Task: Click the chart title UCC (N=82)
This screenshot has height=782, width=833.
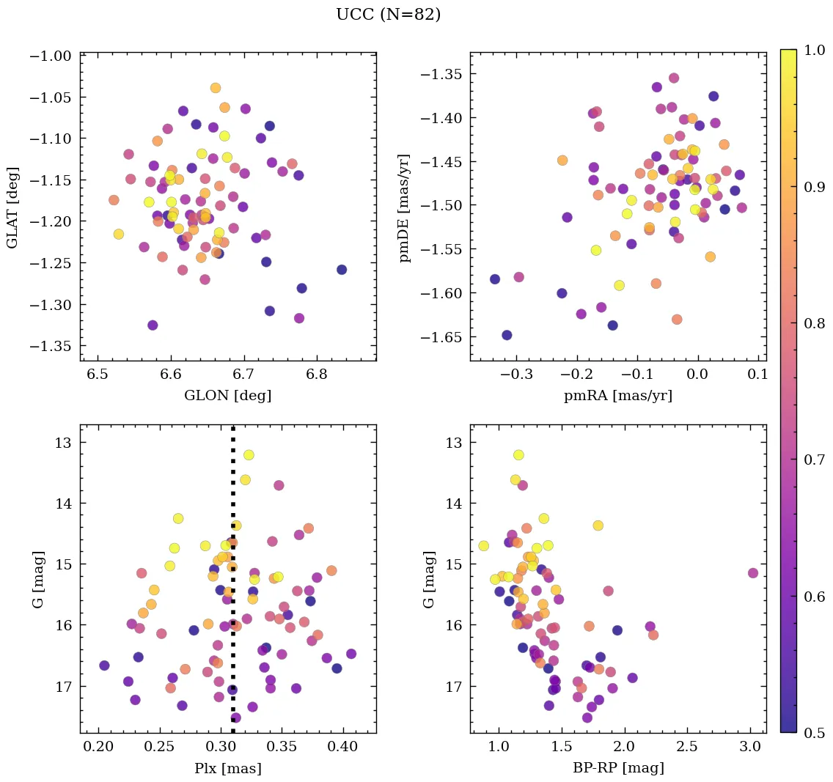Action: pyautogui.click(x=388, y=15)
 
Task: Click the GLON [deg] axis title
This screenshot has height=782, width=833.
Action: pyautogui.click(x=228, y=396)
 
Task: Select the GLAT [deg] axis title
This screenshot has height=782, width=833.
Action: pyautogui.click(x=12, y=207)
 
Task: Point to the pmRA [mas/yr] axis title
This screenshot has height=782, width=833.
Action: pyautogui.click(x=618, y=396)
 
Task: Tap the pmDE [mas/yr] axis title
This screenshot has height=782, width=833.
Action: pyautogui.click(x=404, y=207)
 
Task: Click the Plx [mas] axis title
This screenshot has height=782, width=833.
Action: pyautogui.click(x=228, y=768)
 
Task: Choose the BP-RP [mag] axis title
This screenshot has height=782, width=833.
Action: pyautogui.click(x=618, y=768)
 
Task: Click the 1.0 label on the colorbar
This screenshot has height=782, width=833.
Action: pyautogui.click(x=813, y=50)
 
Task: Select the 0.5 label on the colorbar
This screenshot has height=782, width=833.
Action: pyautogui.click(x=813, y=733)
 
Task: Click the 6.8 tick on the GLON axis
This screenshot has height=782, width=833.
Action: pyautogui.click(x=316, y=375)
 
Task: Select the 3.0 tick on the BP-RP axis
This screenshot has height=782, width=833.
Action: pyautogui.click(x=749, y=747)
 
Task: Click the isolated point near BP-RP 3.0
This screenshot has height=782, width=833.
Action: pyautogui.click(x=753, y=573)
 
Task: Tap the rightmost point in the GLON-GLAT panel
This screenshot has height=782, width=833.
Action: pyautogui.click(x=342, y=270)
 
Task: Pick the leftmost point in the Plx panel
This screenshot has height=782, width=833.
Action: pyautogui.click(x=104, y=665)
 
